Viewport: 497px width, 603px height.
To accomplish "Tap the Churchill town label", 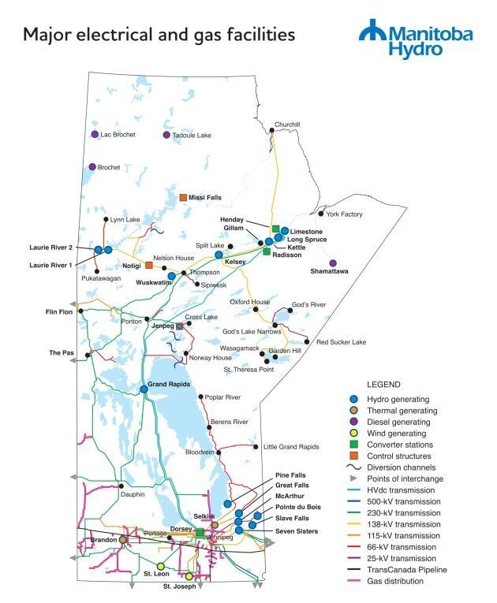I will [287, 124].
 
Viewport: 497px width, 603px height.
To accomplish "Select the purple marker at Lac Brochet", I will [95, 135].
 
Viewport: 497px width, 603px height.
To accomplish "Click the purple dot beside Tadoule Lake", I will [166, 136].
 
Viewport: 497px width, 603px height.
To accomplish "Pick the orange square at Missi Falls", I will [183, 197].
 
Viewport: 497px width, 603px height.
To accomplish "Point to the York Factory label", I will [344, 214].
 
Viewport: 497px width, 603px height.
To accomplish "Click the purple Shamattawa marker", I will [333, 262].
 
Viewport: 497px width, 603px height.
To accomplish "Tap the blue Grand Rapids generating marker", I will [144, 388].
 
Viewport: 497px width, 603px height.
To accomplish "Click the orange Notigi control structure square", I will [149, 266].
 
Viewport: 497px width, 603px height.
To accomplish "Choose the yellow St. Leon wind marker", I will [161, 566].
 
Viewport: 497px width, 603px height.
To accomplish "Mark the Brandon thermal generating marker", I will [123, 539].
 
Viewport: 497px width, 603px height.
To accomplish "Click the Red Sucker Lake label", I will [341, 342].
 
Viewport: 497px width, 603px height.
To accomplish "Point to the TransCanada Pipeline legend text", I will [409, 569].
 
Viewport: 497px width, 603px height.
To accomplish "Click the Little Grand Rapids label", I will [291, 446].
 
